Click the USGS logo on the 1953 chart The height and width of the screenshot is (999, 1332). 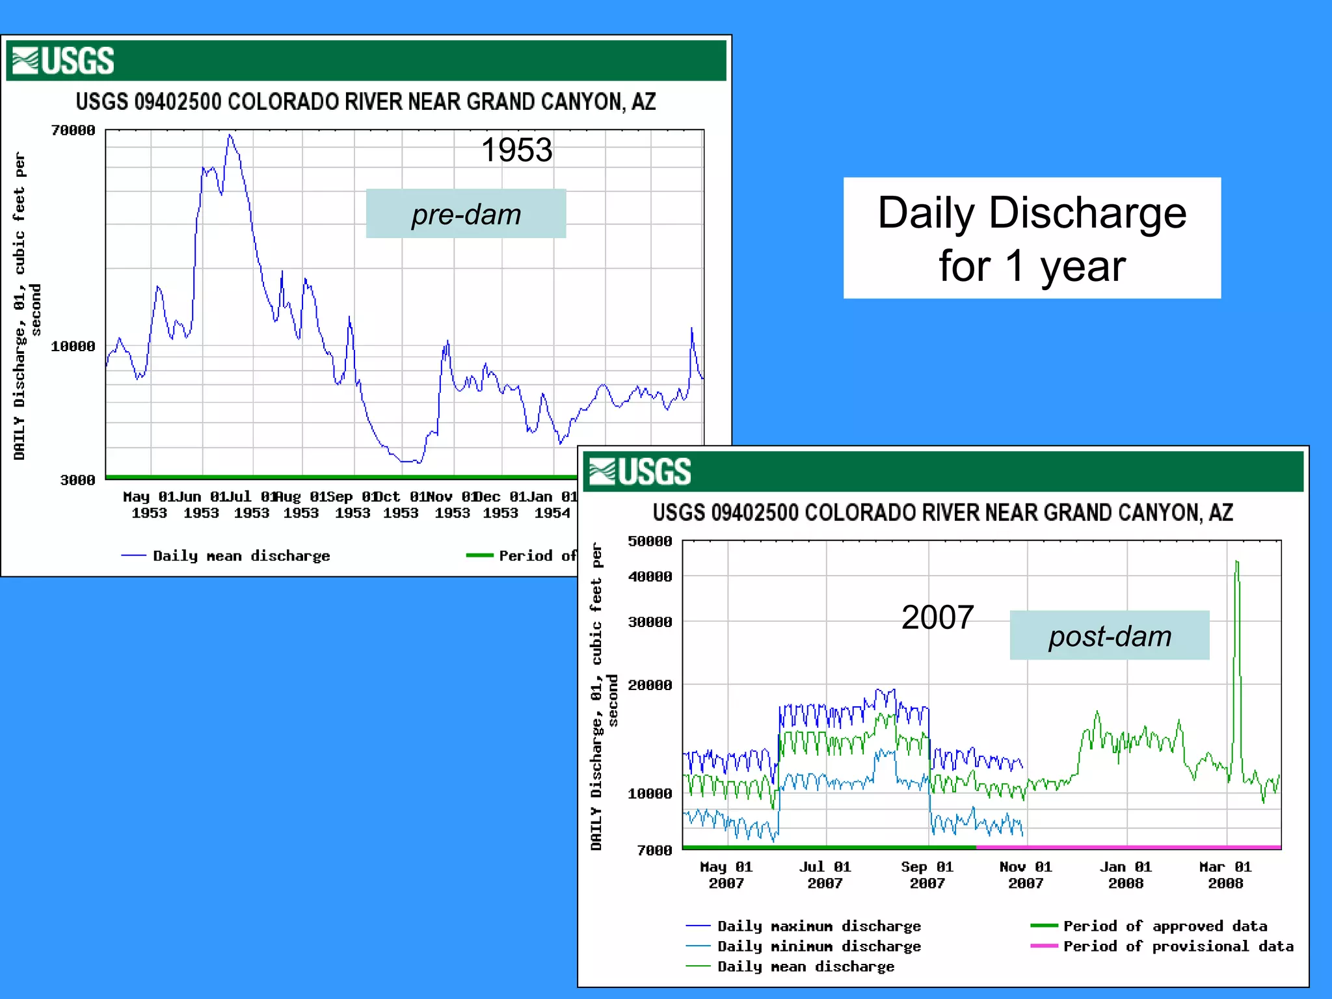click(x=64, y=60)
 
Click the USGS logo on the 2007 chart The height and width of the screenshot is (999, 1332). click(x=640, y=472)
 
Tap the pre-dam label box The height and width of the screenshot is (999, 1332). click(x=466, y=214)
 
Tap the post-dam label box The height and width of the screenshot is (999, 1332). click(x=1109, y=635)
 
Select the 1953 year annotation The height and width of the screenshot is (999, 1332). click(x=516, y=150)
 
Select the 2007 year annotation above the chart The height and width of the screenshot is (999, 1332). click(x=937, y=617)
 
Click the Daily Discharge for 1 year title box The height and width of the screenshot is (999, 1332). click(x=1032, y=238)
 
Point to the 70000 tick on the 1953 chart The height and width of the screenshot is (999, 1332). click(x=73, y=131)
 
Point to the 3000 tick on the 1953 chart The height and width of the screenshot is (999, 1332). click(x=77, y=480)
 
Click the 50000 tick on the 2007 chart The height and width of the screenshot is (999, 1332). click(x=650, y=541)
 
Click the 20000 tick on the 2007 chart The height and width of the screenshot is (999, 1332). click(x=650, y=685)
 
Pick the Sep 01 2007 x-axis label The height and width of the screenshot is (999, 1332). click(x=927, y=875)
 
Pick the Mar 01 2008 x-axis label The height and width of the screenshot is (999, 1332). click(x=1225, y=875)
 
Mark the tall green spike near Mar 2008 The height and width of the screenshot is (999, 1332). click(x=1236, y=563)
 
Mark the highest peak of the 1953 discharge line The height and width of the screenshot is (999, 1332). click(x=230, y=136)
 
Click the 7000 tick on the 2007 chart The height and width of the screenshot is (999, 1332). click(x=654, y=850)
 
